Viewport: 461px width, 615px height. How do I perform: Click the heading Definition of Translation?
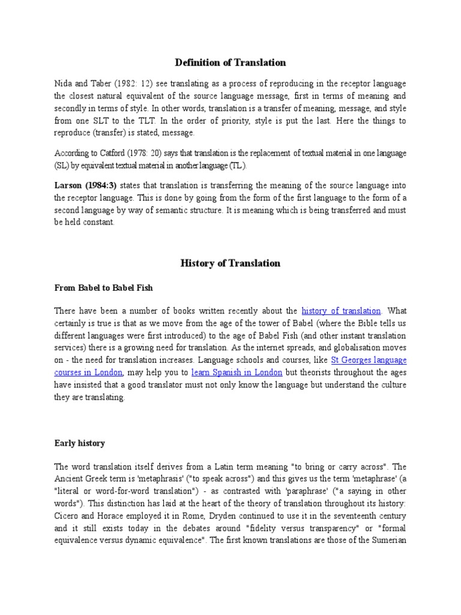[x=230, y=62]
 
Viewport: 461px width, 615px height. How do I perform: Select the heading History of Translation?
[x=230, y=263]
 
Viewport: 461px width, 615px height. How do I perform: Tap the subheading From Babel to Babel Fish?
[x=103, y=288]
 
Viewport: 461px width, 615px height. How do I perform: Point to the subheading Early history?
[x=79, y=443]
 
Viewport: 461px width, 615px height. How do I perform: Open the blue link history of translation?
[x=341, y=311]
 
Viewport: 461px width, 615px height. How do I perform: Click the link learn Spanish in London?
[x=246, y=372]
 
